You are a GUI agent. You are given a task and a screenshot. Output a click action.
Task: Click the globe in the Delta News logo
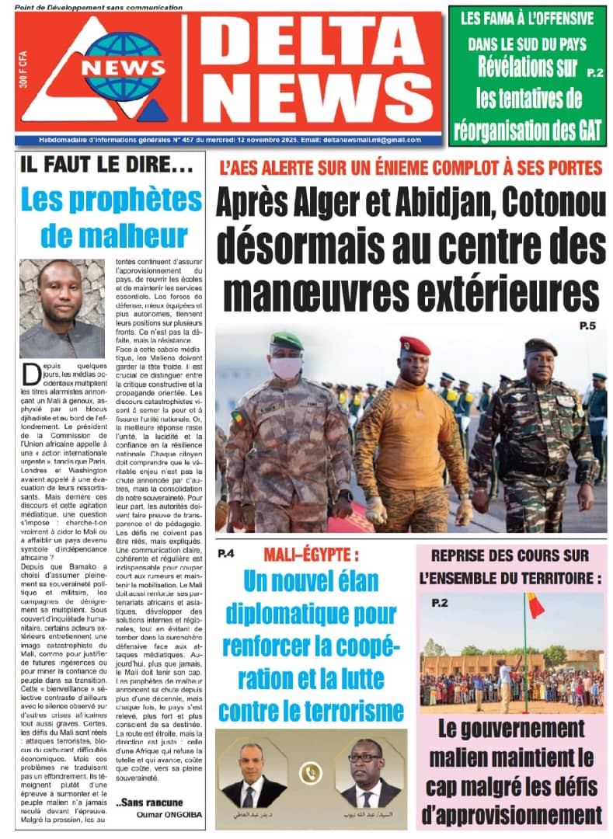click(x=124, y=66)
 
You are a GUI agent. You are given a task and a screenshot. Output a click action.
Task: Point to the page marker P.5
click(x=587, y=326)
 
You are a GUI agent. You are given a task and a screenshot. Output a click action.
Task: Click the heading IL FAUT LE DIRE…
click(x=96, y=165)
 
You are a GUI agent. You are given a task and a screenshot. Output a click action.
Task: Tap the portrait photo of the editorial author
click(x=61, y=308)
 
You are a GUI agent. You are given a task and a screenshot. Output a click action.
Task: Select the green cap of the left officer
click(x=287, y=341)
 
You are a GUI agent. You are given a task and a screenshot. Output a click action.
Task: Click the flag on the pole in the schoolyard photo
click(x=535, y=605)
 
